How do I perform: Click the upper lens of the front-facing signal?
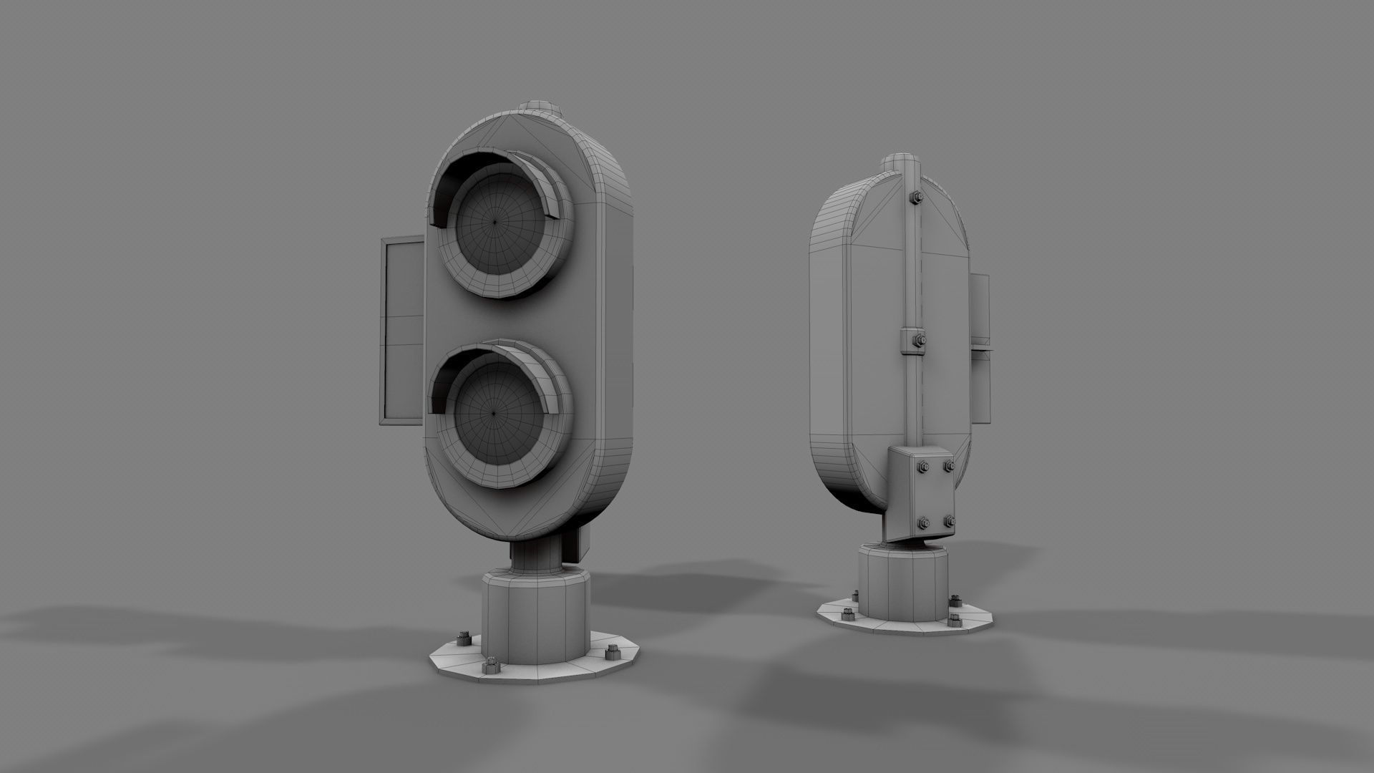494,221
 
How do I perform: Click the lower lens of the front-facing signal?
494,413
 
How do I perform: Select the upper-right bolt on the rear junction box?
949,467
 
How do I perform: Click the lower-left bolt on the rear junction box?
923,521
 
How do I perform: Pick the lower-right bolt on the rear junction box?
949,520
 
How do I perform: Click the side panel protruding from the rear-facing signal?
980,344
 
